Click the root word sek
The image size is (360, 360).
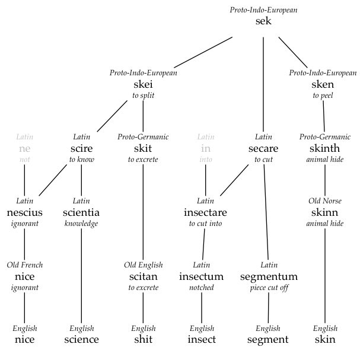(263, 21)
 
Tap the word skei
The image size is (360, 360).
(143, 84)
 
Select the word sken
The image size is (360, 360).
(323, 84)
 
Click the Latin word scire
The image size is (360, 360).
(81, 148)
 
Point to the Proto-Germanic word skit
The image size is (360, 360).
(143, 148)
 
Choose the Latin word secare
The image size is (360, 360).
(263, 148)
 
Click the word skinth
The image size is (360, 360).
(324, 148)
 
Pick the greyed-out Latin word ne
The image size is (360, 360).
(24, 149)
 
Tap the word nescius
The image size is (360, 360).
(24, 212)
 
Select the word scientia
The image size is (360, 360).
(81, 212)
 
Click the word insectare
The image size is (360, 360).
(205, 212)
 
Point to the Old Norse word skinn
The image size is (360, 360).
(324, 212)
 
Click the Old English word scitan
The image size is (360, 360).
(144, 276)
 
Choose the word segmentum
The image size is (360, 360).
(269, 277)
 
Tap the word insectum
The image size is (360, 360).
(202, 276)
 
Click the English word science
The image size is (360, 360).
(81, 339)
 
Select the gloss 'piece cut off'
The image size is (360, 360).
(269, 288)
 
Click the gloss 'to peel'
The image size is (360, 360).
(323, 95)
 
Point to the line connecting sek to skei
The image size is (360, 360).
(203, 52)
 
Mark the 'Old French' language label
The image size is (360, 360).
(24, 265)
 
